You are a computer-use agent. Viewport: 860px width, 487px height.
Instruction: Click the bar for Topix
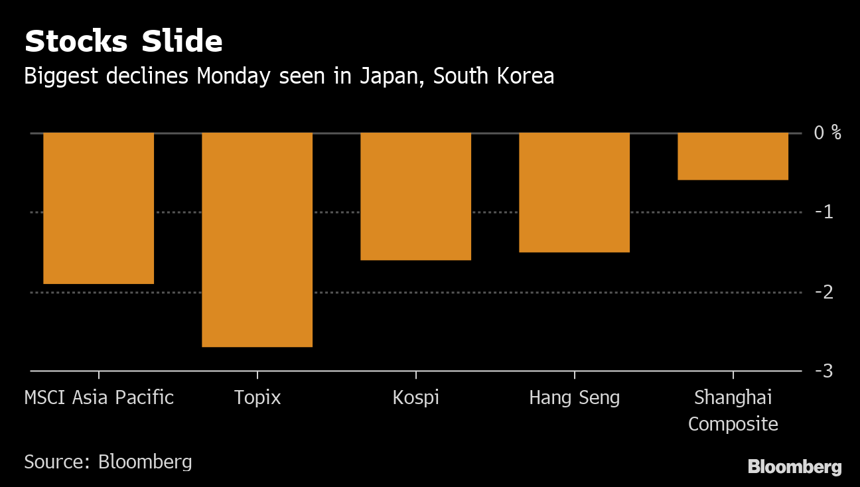coord(257,240)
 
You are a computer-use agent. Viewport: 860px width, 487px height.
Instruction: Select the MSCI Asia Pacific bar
coord(98,208)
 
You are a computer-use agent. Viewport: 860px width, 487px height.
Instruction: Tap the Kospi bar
coord(415,196)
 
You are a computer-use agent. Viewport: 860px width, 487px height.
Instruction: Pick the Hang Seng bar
coord(574,192)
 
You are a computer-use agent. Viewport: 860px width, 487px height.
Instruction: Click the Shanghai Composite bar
coord(733,156)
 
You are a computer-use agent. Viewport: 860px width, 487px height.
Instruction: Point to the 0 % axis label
coord(827,133)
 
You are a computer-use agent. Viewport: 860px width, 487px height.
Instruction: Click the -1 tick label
coord(823,212)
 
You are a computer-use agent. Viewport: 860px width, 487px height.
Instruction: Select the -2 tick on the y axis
coord(823,292)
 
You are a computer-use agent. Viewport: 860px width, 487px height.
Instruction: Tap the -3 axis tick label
coord(823,371)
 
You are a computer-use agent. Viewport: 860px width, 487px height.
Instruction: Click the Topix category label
coord(257,398)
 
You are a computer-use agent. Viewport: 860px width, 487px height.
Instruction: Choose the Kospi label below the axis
coord(415,398)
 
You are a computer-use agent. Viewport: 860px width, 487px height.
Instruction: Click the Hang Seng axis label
coord(574,398)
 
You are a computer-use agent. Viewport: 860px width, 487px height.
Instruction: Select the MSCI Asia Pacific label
coord(99,398)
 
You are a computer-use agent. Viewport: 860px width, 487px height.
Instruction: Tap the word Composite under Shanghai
coord(733,424)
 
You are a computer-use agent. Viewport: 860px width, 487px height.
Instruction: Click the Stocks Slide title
coord(123,42)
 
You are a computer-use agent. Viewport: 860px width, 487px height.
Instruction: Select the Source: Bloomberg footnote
coord(108,462)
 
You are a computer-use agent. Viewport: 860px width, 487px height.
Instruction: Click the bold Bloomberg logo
coord(794,467)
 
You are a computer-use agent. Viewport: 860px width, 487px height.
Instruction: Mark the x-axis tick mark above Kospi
coord(415,375)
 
